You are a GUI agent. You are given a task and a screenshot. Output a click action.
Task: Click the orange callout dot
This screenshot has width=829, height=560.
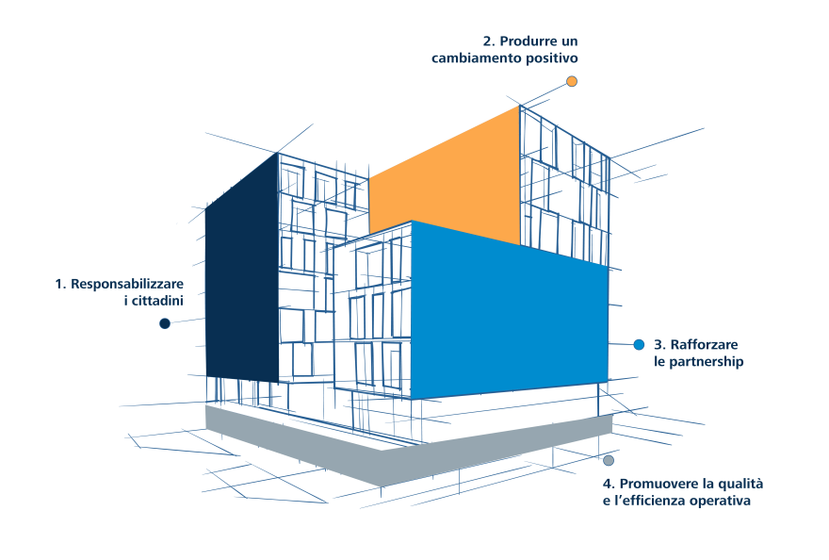tap(572, 81)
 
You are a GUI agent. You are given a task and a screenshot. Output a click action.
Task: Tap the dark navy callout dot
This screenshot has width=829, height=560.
tap(165, 323)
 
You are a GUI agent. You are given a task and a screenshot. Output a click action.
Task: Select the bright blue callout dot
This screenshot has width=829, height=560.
tap(640, 345)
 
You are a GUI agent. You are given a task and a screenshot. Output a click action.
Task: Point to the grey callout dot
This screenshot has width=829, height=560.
tap(609, 460)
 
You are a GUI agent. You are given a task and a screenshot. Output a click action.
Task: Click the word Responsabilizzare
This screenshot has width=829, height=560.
tap(127, 284)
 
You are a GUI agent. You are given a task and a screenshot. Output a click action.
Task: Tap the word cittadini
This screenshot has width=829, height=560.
tap(157, 301)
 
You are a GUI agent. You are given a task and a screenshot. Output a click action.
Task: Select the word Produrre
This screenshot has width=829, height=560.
tap(528, 41)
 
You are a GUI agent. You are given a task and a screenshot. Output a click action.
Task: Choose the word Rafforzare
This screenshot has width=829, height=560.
tap(705, 345)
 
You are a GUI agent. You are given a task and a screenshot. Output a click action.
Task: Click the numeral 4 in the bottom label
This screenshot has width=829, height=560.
tap(609, 485)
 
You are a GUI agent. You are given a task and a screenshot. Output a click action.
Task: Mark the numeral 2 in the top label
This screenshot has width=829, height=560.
tap(489, 41)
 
